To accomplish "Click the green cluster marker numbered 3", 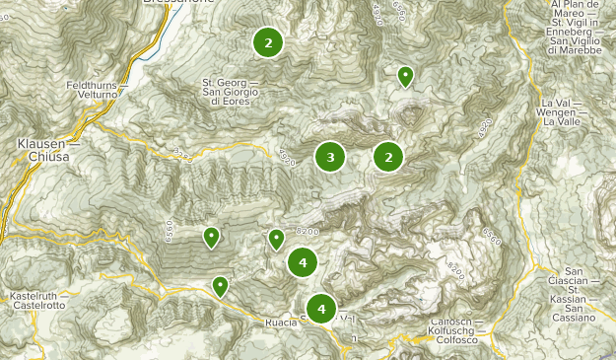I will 330,156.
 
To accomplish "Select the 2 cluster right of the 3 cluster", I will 388,156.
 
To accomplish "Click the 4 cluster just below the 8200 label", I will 303,262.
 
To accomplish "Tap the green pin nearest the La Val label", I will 404,76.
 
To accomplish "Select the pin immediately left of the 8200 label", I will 276,239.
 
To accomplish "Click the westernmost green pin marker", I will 211,237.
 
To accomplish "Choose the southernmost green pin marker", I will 220,287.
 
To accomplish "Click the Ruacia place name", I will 281,324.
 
